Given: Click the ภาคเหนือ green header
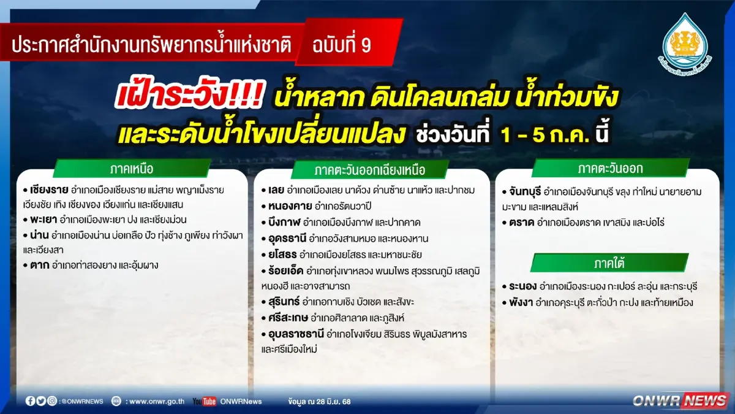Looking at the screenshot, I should click(132, 168).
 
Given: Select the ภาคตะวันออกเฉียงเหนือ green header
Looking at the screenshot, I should click(370, 169).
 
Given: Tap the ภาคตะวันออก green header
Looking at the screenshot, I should click(610, 168).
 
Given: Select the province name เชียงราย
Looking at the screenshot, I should click(48, 190).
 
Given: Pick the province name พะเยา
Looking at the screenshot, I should click(42, 220).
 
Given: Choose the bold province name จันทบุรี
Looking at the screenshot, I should click(521, 191).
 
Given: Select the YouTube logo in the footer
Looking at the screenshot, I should click(204, 401).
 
